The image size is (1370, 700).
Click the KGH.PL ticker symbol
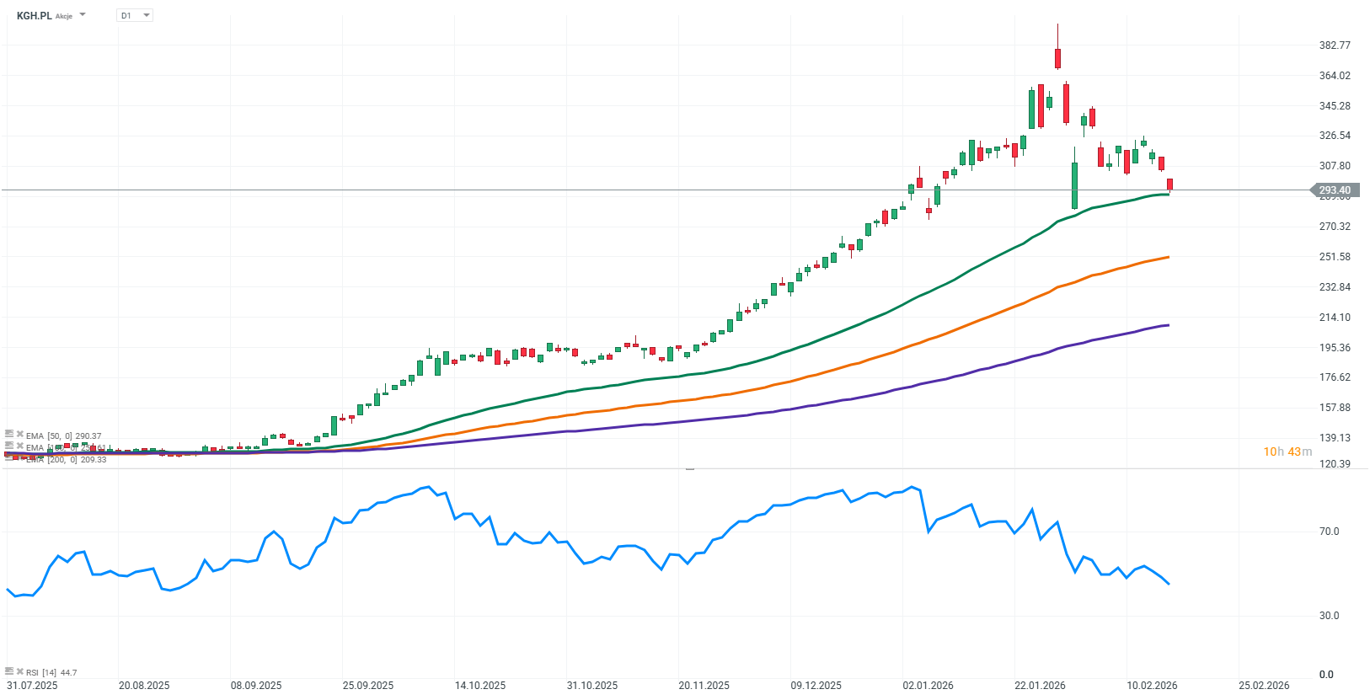click(34, 15)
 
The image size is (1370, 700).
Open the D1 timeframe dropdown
click(135, 15)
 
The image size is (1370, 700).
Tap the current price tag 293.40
click(1334, 190)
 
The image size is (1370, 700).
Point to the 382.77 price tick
click(1335, 45)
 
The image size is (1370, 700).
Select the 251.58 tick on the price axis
click(1335, 257)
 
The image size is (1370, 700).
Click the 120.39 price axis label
click(1335, 464)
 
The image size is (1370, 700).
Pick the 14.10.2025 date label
click(480, 686)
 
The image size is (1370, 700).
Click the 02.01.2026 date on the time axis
click(928, 686)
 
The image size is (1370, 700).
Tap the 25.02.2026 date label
click(1264, 686)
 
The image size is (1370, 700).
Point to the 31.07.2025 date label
click(32, 686)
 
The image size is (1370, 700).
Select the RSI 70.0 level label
click(1329, 532)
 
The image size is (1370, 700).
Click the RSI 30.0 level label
click(1329, 616)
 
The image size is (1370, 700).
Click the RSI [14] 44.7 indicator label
click(51, 673)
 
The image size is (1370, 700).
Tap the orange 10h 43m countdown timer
click(1287, 452)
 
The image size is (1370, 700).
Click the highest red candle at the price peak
click(1057, 58)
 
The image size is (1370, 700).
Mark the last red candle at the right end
click(1169, 184)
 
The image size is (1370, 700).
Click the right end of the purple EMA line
click(1168, 325)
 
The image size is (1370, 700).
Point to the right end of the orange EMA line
click(1168, 257)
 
